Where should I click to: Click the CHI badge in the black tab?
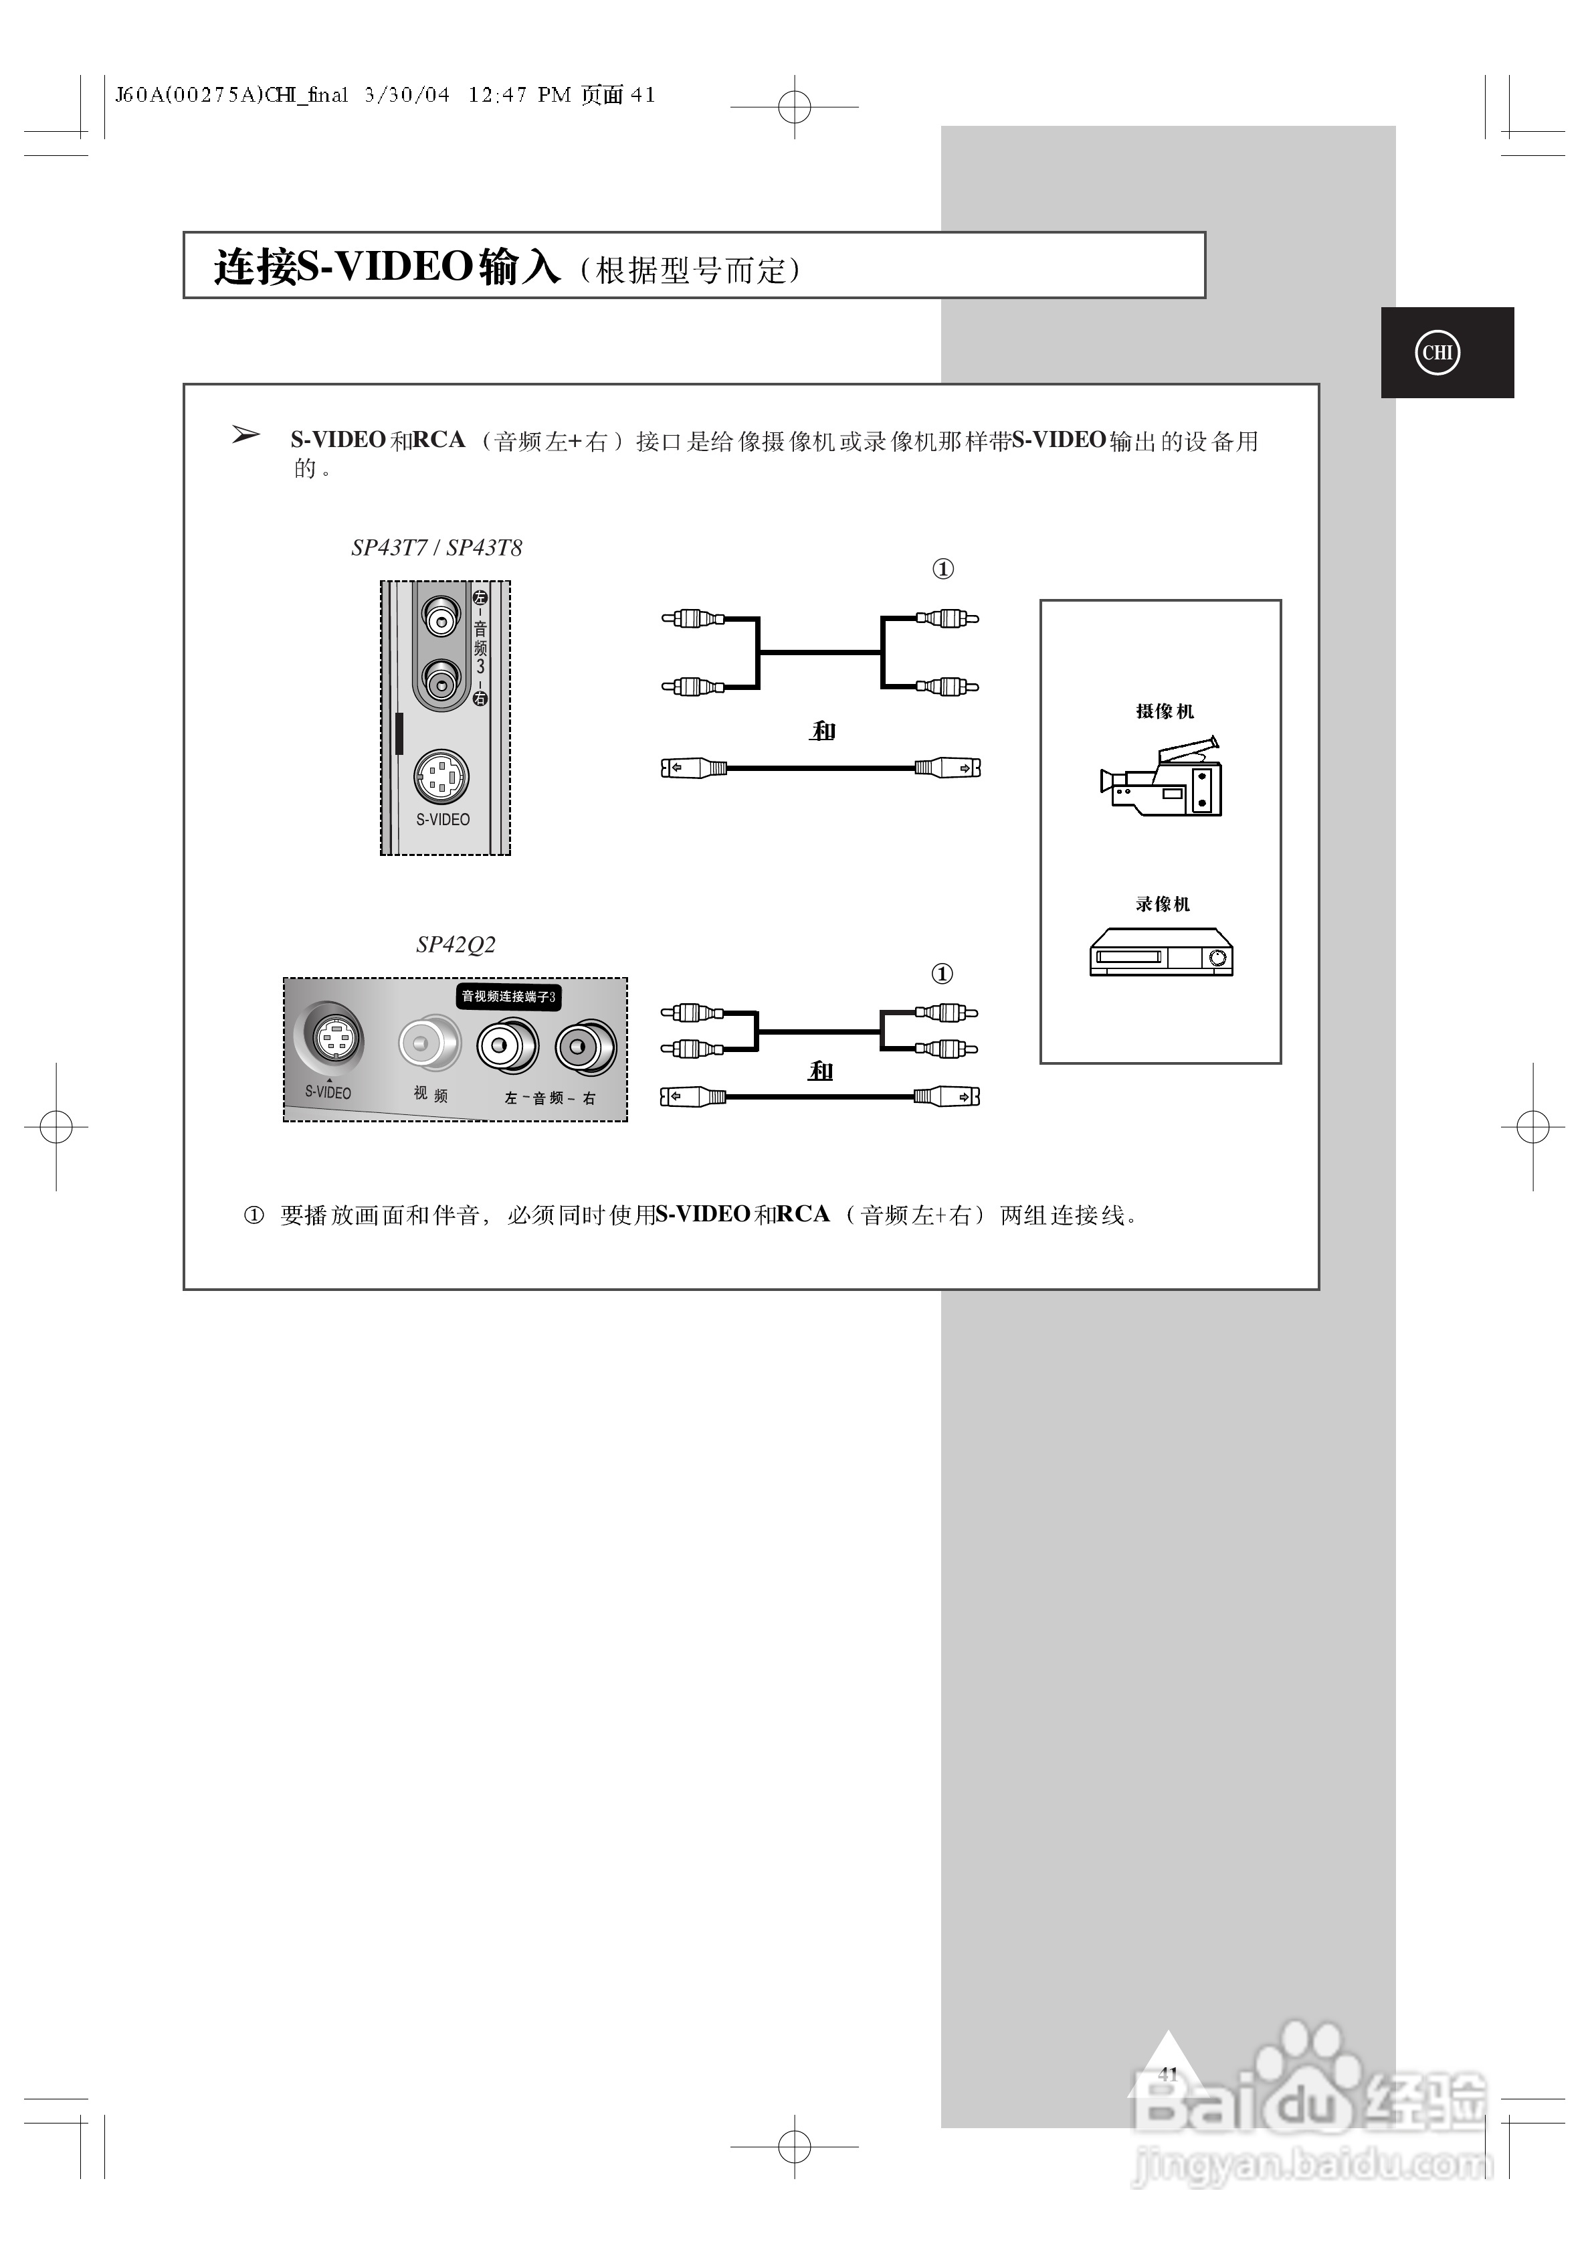click(x=1437, y=353)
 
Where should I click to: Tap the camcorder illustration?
click(x=1162, y=778)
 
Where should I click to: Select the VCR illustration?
click(x=1161, y=952)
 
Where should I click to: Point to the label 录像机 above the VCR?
click(x=1163, y=904)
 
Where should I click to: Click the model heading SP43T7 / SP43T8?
click(x=437, y=548)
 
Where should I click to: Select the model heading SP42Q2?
click(x=456, y=944)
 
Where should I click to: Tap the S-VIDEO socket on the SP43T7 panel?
click(x=441, y=778)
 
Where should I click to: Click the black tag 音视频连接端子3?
click(x=508, y=996)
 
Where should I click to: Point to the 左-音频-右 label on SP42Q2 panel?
click(x=550, y=1098)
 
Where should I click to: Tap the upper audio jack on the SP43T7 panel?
click(x=441, y=616)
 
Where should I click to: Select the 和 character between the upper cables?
click(x=823, y=731)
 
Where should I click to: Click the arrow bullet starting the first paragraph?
click(x=245, y=435)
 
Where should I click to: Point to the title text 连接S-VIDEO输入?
click(x=387, y=267)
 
